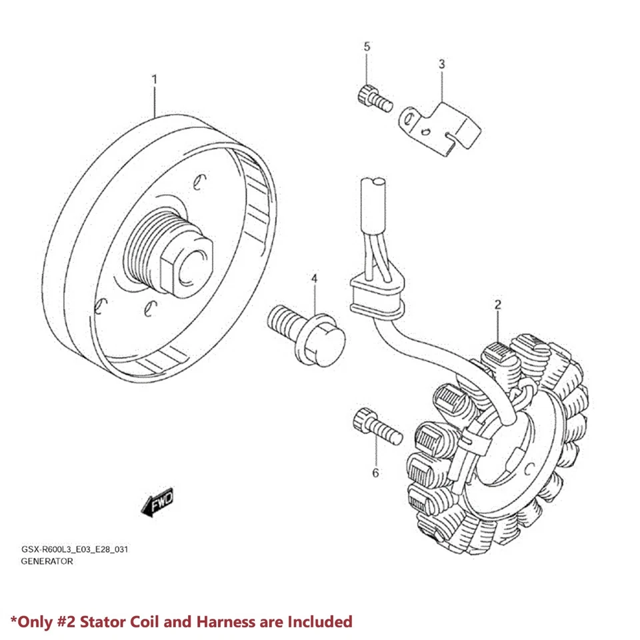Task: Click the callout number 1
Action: click(x=155, y=79)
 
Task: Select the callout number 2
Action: click(x=497, y=305)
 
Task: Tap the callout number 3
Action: click(x=441, y=64)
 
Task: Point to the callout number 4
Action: click(x=313, y=277)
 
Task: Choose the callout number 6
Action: click(x=375, y=473)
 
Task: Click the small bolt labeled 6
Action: click(x=376, y=426)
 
